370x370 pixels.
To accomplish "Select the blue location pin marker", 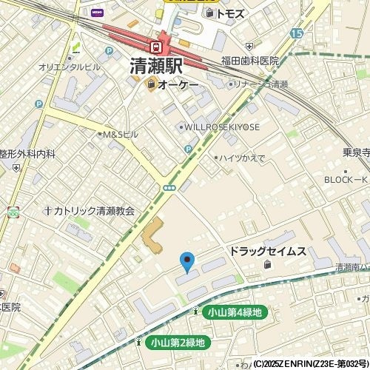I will tap(187, 261).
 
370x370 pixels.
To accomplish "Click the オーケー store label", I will tap(178, 85).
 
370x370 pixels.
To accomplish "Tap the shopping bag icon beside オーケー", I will tap(151, 85).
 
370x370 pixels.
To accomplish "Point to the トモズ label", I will tap(229, 13).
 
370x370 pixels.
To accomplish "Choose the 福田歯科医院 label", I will tap(249, 61).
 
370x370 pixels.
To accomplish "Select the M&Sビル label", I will tap(120, 135).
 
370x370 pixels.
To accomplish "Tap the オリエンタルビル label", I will tap(70, 67).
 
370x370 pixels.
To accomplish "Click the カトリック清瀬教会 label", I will tap(93, 211).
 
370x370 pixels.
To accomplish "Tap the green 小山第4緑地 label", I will tap(234, 313).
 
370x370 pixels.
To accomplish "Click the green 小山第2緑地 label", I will tap(177, 343).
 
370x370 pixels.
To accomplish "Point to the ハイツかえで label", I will tap(240, 158).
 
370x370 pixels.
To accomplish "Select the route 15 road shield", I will tap(297, 34).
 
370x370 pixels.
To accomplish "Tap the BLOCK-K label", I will tap(346, 180).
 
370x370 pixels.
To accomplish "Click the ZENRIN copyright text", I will tap(311, 364).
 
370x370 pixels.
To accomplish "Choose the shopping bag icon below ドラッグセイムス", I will tap(267, 265).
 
